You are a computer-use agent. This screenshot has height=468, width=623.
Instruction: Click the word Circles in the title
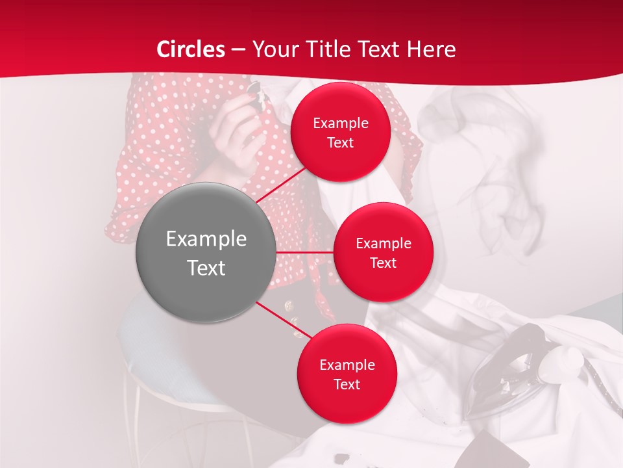[x=191, y=49]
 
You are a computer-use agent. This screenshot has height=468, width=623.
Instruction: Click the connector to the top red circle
[x=282, y=185]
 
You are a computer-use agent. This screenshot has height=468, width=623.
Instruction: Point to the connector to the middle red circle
[x=305, y=252]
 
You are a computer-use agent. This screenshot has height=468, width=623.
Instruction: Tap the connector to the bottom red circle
[x=284, y=319]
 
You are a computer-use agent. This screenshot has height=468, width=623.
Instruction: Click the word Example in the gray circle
[x=206, y=239]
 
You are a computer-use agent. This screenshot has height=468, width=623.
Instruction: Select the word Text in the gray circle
[x=206, y=268]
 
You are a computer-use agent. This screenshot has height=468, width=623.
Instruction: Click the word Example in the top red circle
[x=341, y=123]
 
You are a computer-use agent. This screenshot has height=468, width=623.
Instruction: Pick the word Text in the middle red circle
[x=383, y=263]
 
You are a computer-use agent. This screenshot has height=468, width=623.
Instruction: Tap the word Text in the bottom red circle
[x=347, y=384]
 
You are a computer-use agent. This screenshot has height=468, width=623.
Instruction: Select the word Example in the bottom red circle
[x=347, y=365]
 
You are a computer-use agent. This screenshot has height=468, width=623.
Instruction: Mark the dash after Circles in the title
[x=238, y=50]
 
